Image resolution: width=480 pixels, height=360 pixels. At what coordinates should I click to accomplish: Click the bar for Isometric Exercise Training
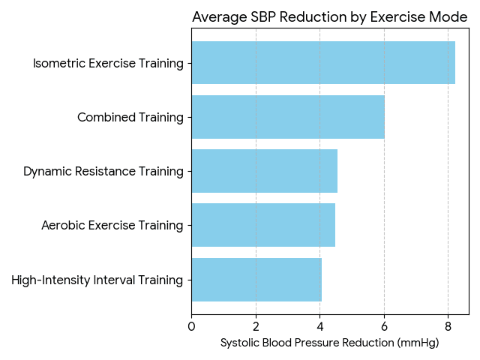click(322, 63)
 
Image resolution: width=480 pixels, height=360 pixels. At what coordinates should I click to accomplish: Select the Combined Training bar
click(287, 117)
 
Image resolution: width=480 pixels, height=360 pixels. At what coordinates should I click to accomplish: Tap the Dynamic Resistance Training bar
click(264, 171)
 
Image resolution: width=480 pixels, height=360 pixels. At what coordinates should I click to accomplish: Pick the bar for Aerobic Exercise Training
click(262, 225)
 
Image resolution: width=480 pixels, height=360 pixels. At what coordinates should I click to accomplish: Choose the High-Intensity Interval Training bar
click(256, 280)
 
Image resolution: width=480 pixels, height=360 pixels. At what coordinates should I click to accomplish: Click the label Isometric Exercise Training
click(108, 63)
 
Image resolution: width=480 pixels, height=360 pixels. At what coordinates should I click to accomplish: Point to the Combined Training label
click(130, 117)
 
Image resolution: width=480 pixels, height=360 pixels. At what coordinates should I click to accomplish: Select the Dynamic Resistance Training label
click(103, 171)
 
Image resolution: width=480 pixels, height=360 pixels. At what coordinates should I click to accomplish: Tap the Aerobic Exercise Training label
click(112, 225)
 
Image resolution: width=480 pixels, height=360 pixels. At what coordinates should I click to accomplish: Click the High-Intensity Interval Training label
click(97, 280)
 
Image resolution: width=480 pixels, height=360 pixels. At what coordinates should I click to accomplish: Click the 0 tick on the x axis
click(191, 326)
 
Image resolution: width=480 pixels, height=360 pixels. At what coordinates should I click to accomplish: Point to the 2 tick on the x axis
click(256, 326)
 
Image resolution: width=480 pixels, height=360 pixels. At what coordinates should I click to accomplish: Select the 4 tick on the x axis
click(319, 326)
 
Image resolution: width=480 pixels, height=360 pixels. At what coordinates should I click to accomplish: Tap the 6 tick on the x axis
click(384, 326)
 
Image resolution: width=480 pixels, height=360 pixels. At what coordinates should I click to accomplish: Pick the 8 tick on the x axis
click(448, 326)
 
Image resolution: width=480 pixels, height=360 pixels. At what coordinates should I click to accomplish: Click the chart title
click(330, 17)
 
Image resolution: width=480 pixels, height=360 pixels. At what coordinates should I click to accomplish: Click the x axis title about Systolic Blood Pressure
click(329, 343)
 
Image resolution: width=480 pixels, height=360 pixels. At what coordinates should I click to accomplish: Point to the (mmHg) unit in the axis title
click(417, 343)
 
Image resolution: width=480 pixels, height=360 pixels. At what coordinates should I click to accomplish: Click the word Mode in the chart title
click(449, 17)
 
